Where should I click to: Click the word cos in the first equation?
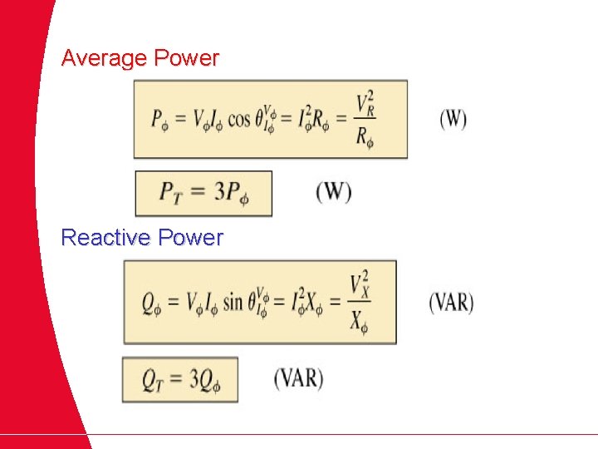[238, 120]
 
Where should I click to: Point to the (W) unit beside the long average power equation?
[453, 120]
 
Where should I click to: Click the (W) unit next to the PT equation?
[333, 192]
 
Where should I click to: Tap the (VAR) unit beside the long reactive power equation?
[451, 301]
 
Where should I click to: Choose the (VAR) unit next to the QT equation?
[298, 378]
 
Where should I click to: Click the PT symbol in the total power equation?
[171, 194]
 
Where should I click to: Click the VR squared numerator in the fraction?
[364, 104]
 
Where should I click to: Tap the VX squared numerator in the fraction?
[359, 284]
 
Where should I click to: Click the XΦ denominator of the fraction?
[359, 319]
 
